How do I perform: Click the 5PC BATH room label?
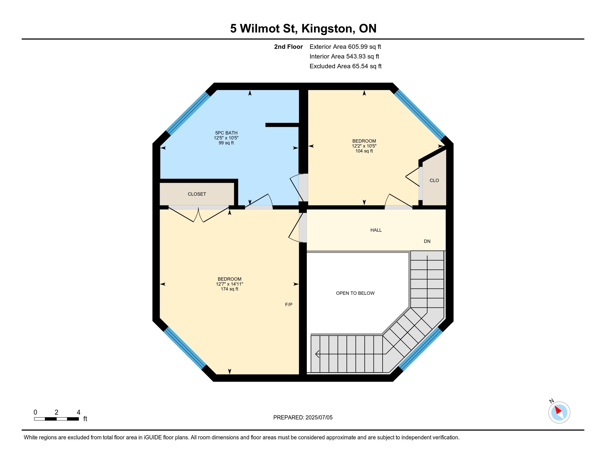coord(226,133)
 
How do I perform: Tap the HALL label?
coord(376,230)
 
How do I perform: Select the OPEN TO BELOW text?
coord(355,293)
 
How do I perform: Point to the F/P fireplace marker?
coord(289,304)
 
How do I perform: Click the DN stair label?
coord(427,241)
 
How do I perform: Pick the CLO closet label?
coord(434,181)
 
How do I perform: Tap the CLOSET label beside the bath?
coord(197,194)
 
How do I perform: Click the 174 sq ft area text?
coord(229,289)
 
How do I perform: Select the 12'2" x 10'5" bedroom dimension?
coord(364,146)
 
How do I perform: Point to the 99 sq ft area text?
coord(226,143)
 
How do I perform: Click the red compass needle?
coord(558,410)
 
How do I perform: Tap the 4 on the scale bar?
coord(79,412)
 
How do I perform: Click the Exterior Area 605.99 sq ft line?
coord(345,47)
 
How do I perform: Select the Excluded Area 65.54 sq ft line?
coord(345,66)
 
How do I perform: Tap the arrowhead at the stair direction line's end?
coord(317,354)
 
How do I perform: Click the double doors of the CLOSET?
coord(199,214)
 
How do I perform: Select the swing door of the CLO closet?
coord(413,177)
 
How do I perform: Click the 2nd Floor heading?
coord(288,47)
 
